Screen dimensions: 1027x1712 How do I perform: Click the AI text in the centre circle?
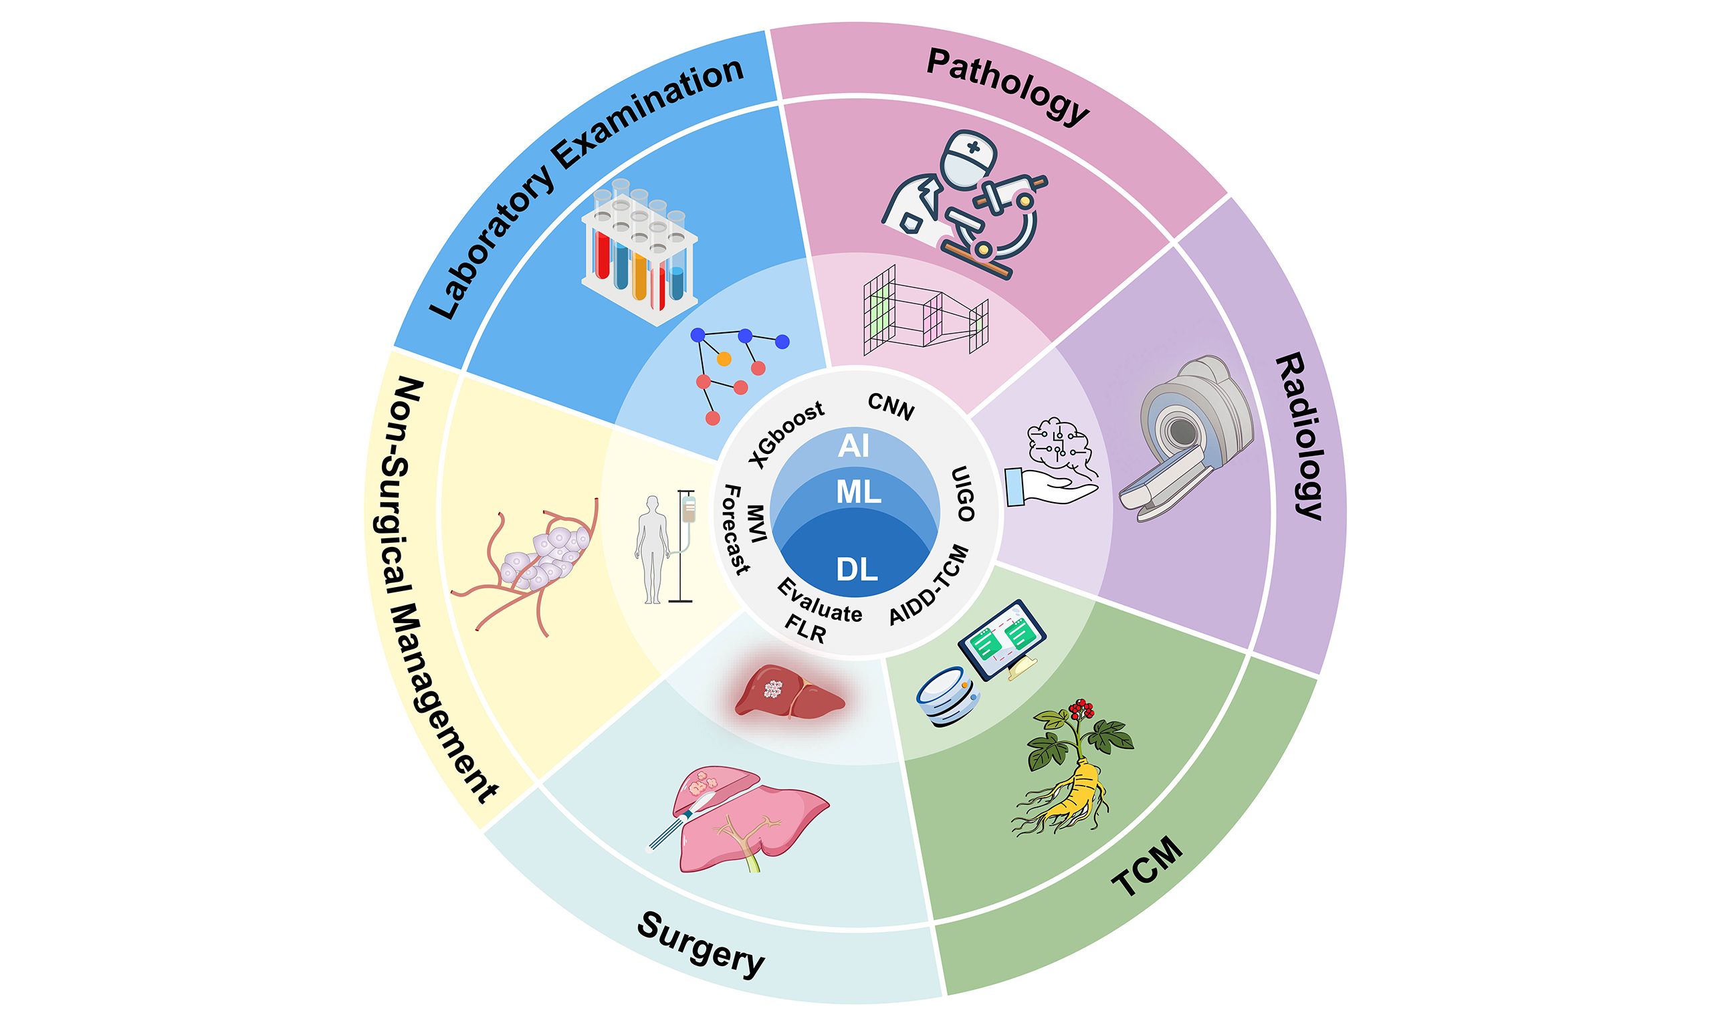[x=853, y=446]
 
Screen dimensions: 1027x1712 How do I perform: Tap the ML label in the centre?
[x=858, y=492]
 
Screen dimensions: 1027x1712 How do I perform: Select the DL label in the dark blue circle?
[x=857, y=570]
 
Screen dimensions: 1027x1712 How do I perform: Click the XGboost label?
[x=787, y=433]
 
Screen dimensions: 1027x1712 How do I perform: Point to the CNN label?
[x=891, y=407]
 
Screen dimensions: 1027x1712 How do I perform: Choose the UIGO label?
[x=963, y=493]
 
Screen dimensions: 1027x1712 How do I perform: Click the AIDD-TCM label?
[x=929, y=584]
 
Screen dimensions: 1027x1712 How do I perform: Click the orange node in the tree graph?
[x=724, y=359]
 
